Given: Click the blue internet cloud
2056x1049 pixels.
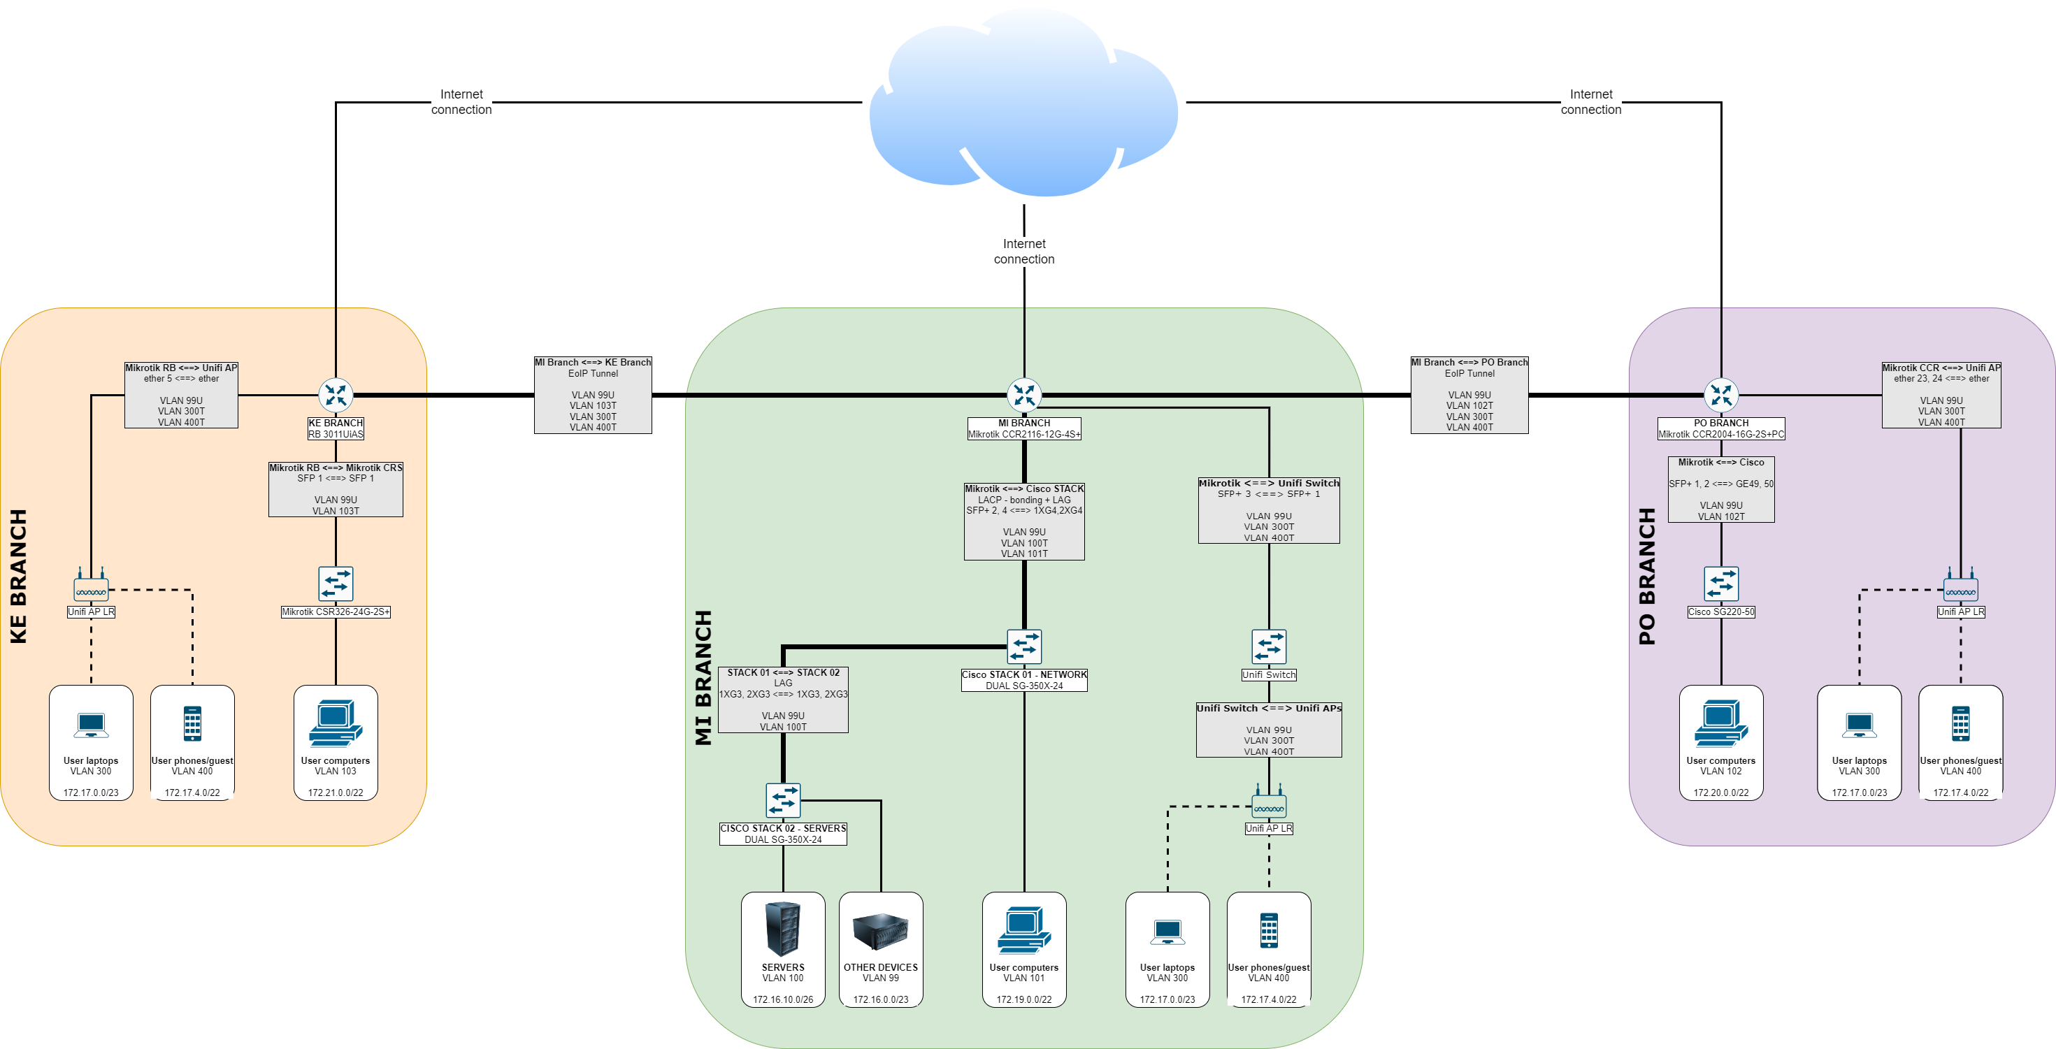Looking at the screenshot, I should coord(1024,103).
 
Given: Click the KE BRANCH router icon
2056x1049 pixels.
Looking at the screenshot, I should coord(336,395).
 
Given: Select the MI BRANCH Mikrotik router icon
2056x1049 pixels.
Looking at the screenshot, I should coord(1024,395).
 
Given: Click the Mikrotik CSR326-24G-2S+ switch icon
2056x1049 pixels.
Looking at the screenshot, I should coord(336,584).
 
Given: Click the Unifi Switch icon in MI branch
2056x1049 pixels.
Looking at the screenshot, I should coord(1268,647).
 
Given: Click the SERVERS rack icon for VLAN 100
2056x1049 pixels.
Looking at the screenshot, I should coord(783,929).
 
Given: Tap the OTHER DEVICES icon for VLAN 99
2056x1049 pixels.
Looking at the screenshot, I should coord(880,932).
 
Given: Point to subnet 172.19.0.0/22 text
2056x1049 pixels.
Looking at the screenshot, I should coord(1024,999).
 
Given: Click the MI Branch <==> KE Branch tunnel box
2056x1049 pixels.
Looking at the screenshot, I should coord(593,395).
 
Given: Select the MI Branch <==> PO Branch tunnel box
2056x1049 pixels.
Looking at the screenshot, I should coord(1469,395).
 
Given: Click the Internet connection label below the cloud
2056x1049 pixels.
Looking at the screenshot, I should coord(1024,252).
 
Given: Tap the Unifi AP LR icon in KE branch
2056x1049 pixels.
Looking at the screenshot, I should coord(91,588).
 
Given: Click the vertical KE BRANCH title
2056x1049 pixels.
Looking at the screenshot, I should coord(18,576).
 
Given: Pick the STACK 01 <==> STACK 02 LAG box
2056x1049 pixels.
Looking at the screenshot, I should coord(783,700).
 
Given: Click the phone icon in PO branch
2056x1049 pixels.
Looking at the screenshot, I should coord(1960,723).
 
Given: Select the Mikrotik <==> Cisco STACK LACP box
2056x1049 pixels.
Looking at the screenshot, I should coord(1024,521).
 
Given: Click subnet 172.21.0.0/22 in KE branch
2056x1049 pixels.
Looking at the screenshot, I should coord(336,793).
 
